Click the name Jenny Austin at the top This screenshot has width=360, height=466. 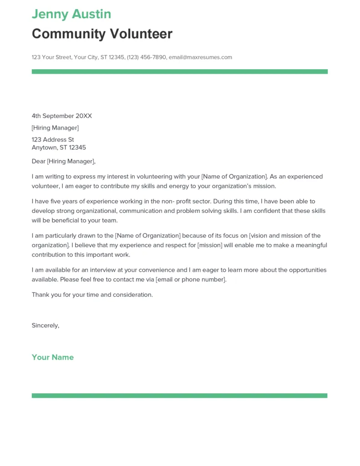[71, 14]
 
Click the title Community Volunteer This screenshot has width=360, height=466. [102, 34]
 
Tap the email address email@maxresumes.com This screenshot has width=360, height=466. [200, 57]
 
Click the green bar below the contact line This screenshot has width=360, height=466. [179, 71]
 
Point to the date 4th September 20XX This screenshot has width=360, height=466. [61, 116]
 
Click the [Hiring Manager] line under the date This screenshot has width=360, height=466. [55, 128]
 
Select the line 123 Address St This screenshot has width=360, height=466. [53, 140]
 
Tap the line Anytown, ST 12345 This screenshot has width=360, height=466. [59, 147]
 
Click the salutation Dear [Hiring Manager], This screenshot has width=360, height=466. [64, 161]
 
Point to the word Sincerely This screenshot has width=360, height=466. [45, 325]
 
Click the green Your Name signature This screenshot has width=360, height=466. [53, 357]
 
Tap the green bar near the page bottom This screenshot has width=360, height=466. [179, 396]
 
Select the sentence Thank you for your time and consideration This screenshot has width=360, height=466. [92, 295]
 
